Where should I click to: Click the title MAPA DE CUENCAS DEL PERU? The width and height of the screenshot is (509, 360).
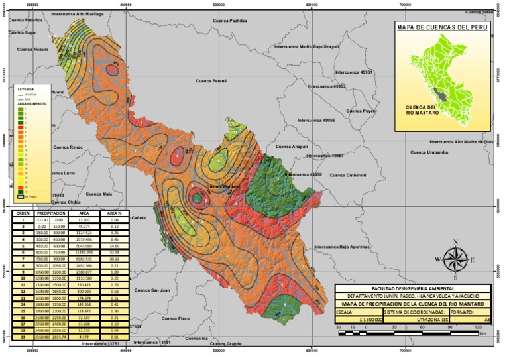(441, 28)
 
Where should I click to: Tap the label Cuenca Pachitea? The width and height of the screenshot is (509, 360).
(230, 21)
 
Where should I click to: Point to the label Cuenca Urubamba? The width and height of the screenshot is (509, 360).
(429, 152)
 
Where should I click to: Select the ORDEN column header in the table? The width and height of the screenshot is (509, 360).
(23, 213)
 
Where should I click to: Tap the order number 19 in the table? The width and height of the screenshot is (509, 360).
(23, 337)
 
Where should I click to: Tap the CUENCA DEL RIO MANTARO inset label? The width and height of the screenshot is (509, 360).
(421, 111)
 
